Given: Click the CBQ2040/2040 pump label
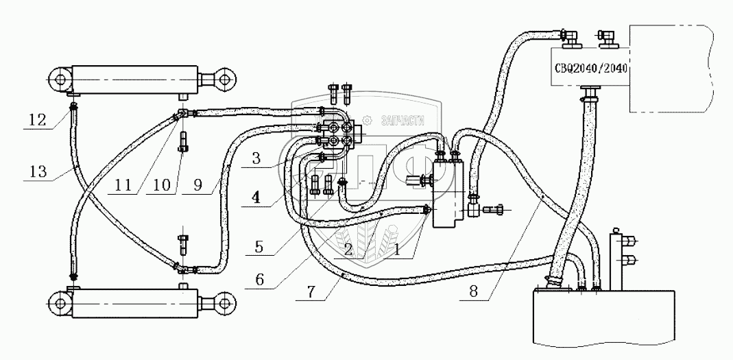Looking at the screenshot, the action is [590, 67].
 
